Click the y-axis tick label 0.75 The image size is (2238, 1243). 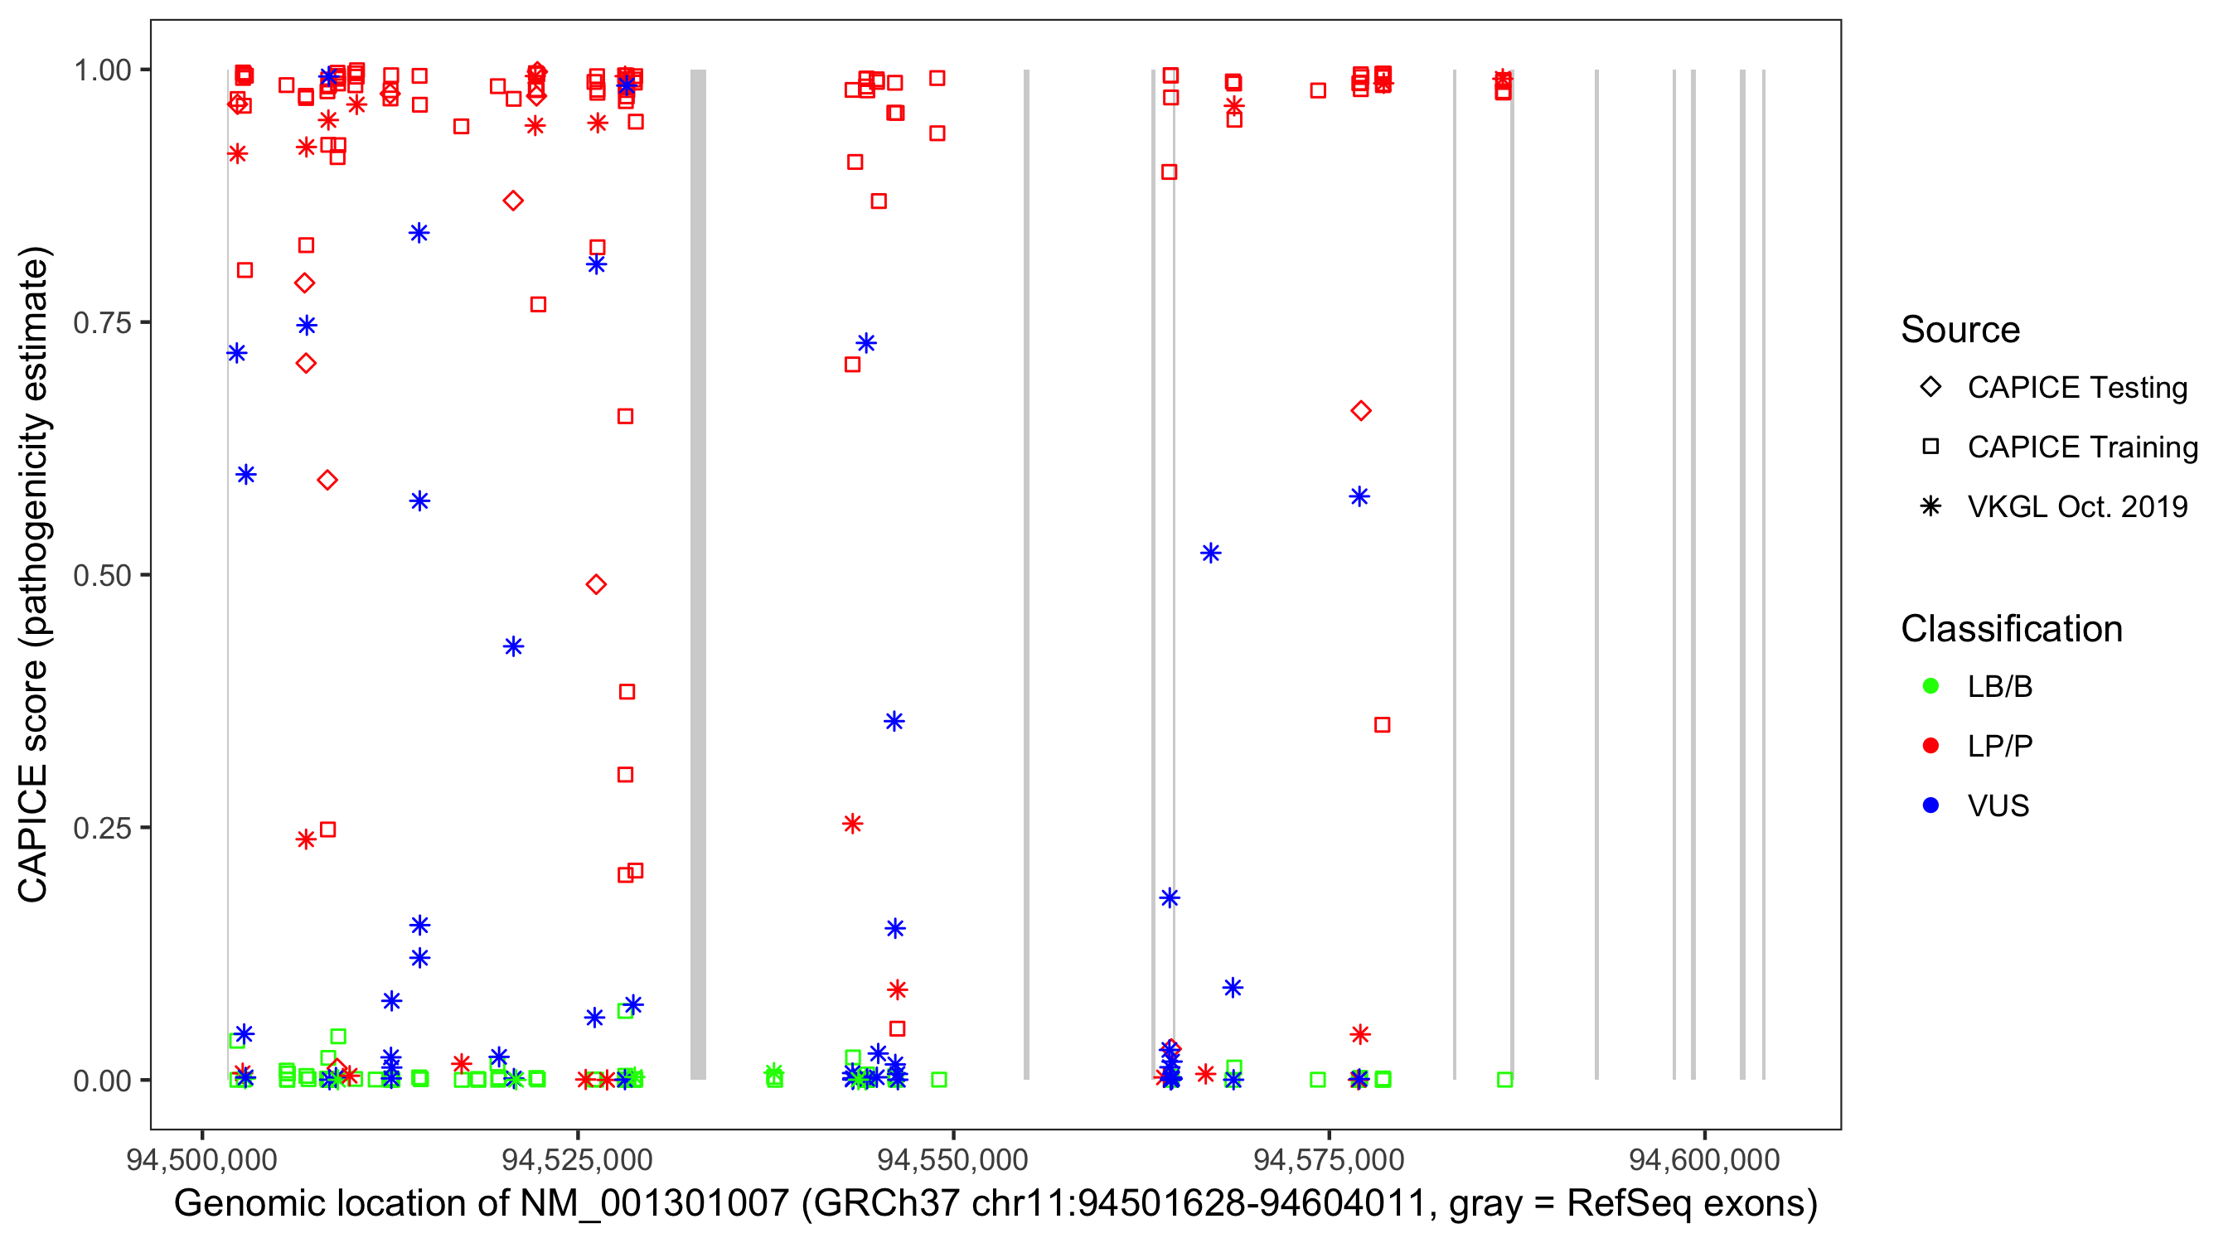pyautogui.click(x=102, y=323)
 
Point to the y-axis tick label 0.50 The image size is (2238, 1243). pyautogui.click(x=102, y=576)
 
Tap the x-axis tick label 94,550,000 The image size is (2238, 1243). pyautogui.click(x=953, y=1159)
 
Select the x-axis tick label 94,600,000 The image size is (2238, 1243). pyautogui.click(x=1703, y=1159)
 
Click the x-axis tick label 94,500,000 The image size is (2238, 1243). pyautogui.click(x=201, y=1159)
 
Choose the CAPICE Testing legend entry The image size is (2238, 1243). pyautogui.click(x=2076, y=388)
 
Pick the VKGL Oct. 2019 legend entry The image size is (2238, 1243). pyautogui.click(x=2076, y=506)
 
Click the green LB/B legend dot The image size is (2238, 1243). pyautogui.click(x=1930, y=686)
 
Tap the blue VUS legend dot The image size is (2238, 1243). pyautogui.click(x=1930, y=805)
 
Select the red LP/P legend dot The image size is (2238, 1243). pyautogui.click(x=1930, y=746)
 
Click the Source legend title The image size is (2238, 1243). pyautogui.click(x=1960, y=330)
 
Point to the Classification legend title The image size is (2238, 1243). pyautogui.click(x=2011, y=629)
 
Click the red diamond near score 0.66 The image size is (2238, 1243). pyautogui.click(x=1360, y=411)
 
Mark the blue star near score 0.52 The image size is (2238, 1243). pyautogui.click(x=1210, y=554)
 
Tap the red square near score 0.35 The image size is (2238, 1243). pyautogui.click(x=1383, y=724)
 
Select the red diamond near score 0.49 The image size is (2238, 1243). pyautogui.click(x=596, y=584)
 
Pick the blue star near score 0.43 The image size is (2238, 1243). pyautogui.click(x=513, y=646)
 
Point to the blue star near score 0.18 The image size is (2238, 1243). pyautogui.click(x=1170, y=898)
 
